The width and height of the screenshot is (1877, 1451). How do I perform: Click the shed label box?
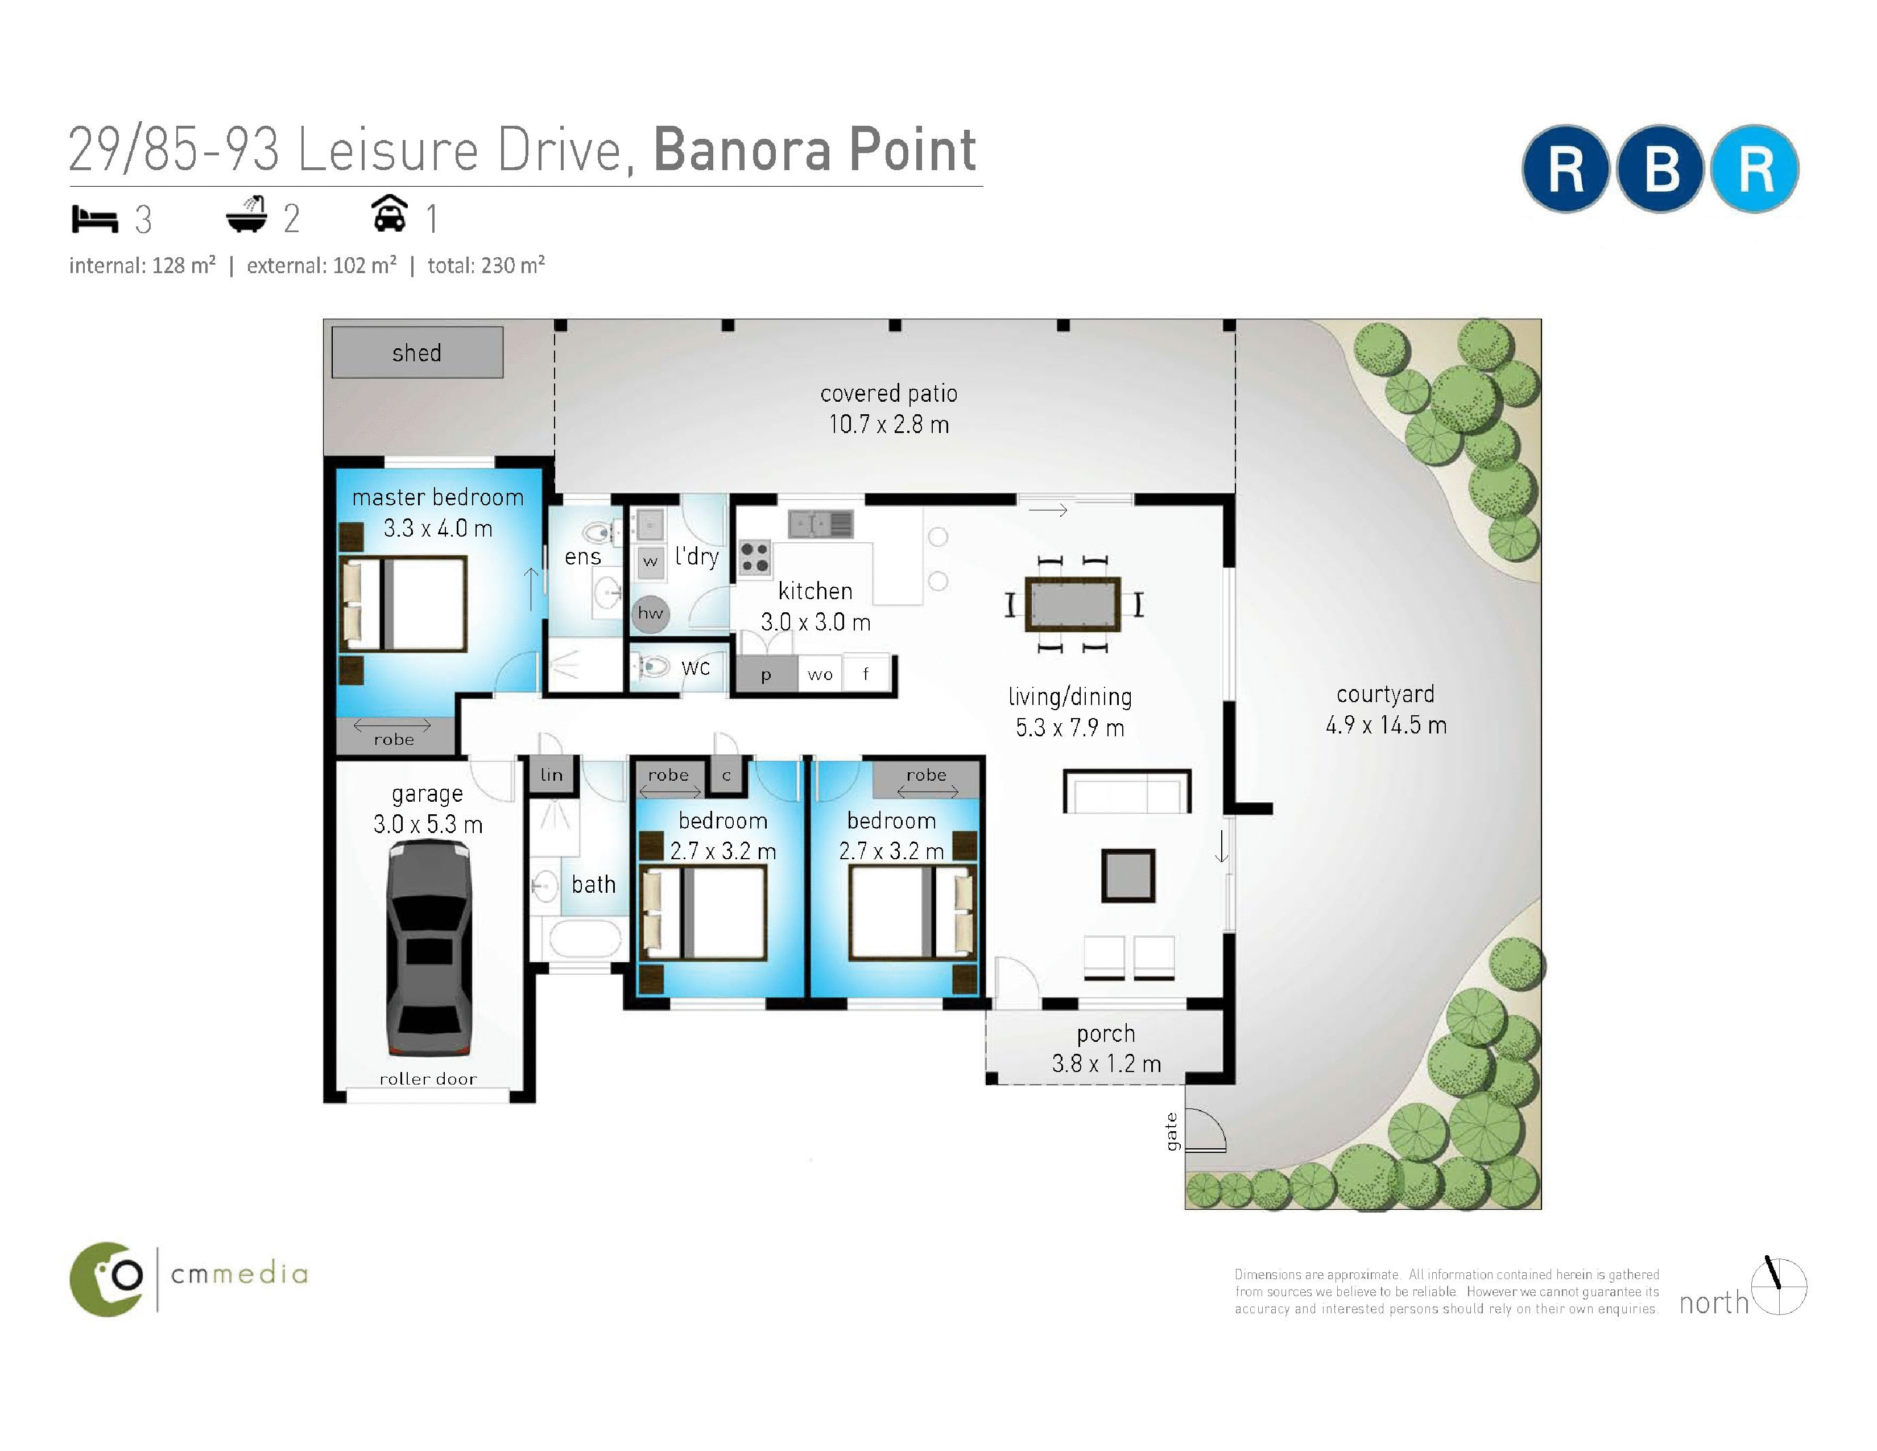pos(417,352)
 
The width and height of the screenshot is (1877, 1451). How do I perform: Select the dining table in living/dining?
pos(1073,605)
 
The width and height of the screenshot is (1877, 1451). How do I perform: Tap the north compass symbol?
pos(1779,1286)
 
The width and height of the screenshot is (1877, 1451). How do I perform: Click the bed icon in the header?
pos(94,219)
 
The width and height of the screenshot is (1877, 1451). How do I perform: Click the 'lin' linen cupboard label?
pos(552,774)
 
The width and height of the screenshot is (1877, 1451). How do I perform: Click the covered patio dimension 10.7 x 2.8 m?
pos(888,424)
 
